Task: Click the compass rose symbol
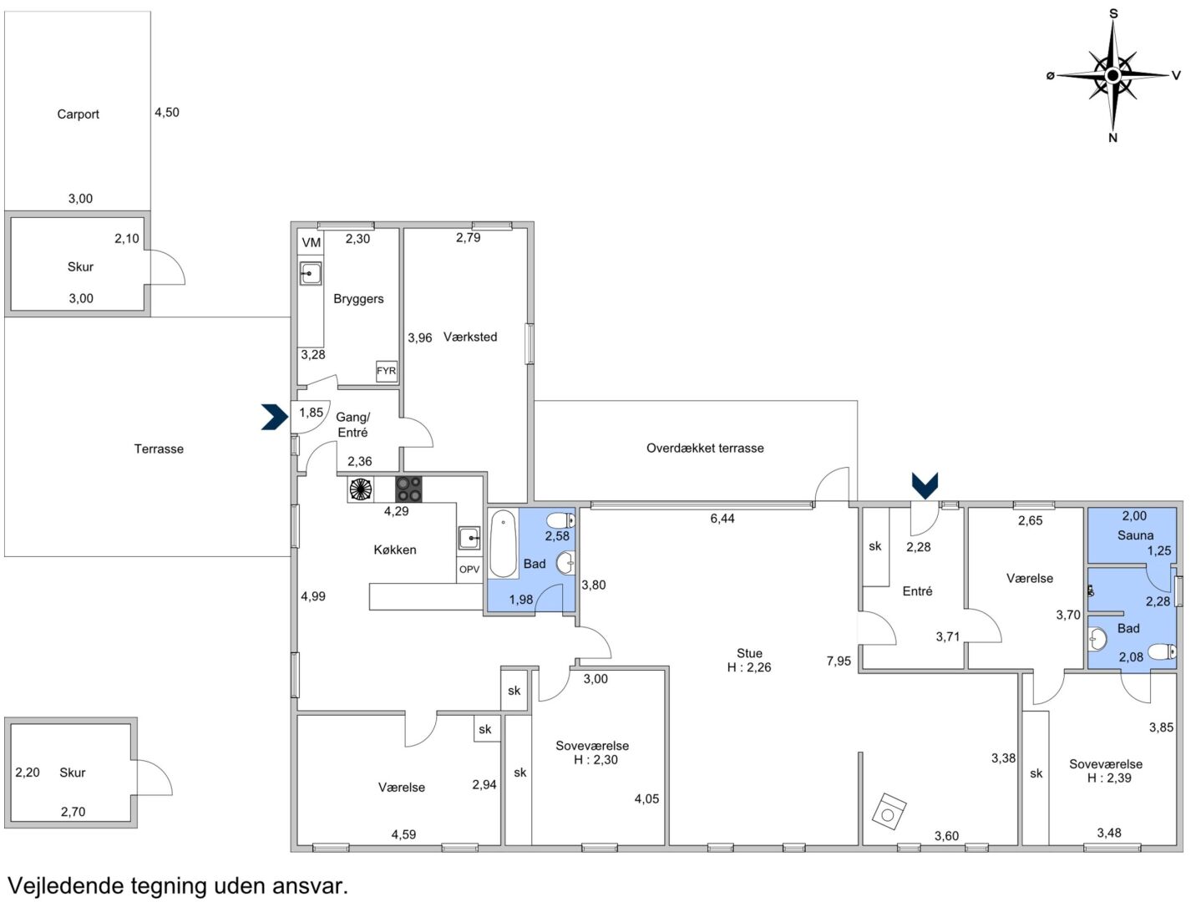[1112, 76]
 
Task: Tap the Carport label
[78, 114]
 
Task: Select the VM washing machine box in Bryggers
[311, 242]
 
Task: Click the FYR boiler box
[387, 371]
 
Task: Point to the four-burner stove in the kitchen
[408, 489]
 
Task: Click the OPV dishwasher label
[469, 570]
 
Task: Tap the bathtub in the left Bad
[503, 543]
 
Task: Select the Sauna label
[1135, 535]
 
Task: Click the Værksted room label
[470, 337]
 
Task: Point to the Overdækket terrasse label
[705, 448]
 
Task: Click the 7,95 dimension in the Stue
[839, 661]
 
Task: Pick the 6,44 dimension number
[722, 519]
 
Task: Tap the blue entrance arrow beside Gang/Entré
[275, 418]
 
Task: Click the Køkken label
[395, 550]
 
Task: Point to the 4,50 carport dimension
[167, 112]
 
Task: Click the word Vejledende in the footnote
[65, 885]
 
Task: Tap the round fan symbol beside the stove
[360, 489]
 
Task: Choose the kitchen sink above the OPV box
[469, 539]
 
